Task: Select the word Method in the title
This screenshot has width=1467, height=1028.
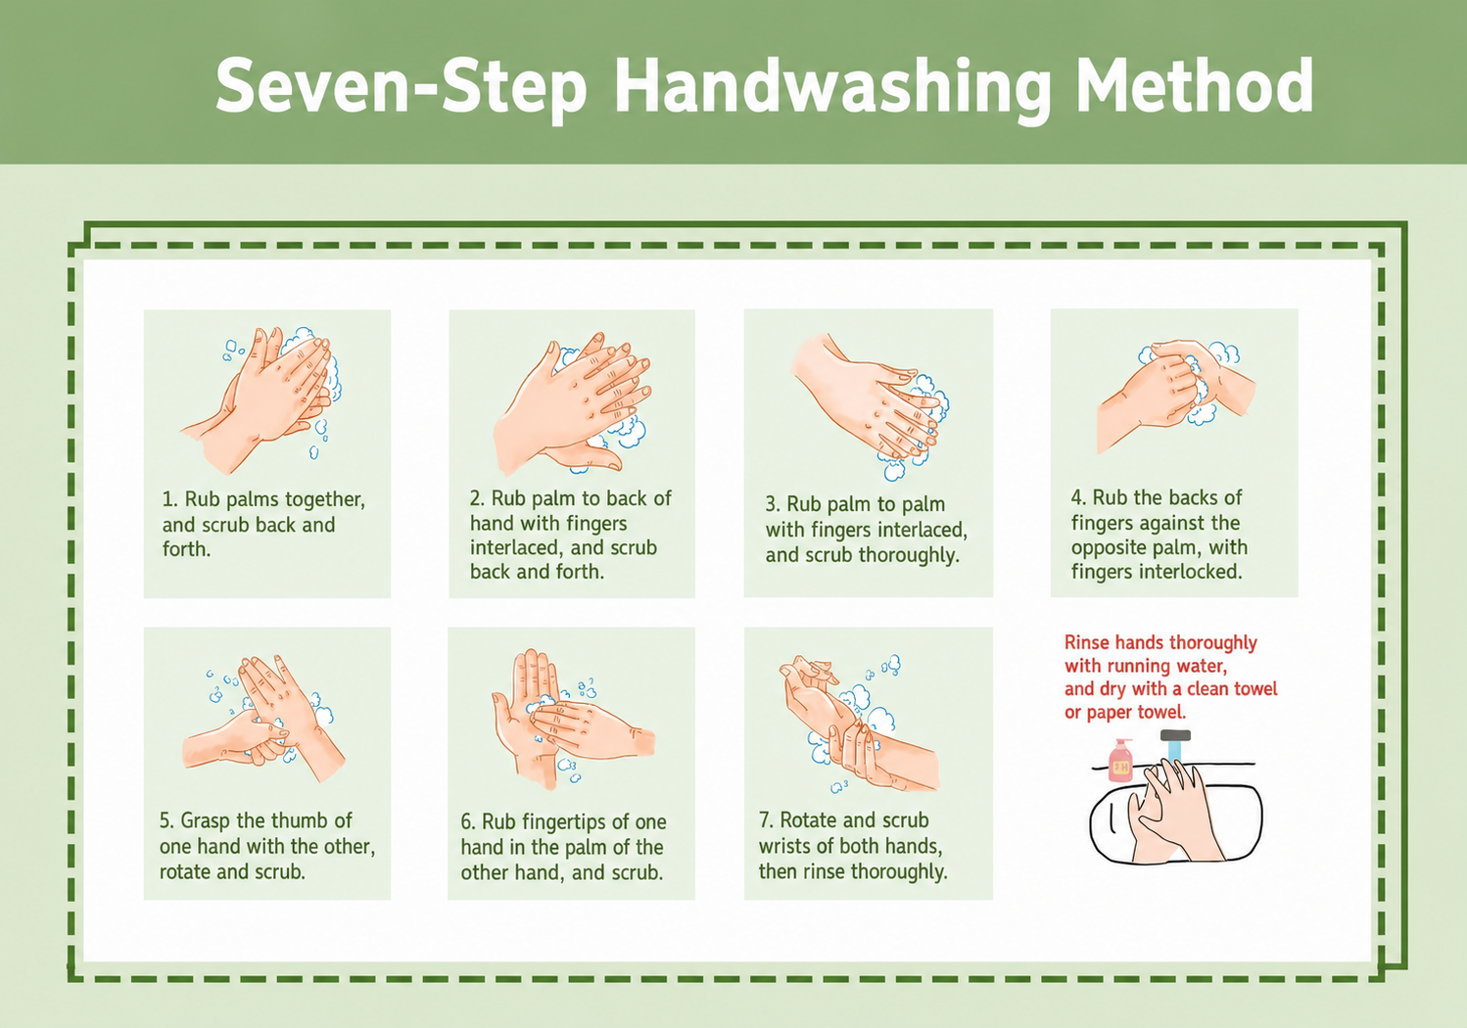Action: pos(1195,85)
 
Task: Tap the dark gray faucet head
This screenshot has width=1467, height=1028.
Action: pos(1175,734)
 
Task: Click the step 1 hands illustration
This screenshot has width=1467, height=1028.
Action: pos(261,399)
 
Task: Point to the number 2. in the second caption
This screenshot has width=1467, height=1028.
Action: pos(477,498)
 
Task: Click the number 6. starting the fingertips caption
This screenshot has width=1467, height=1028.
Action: pos(467,821)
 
